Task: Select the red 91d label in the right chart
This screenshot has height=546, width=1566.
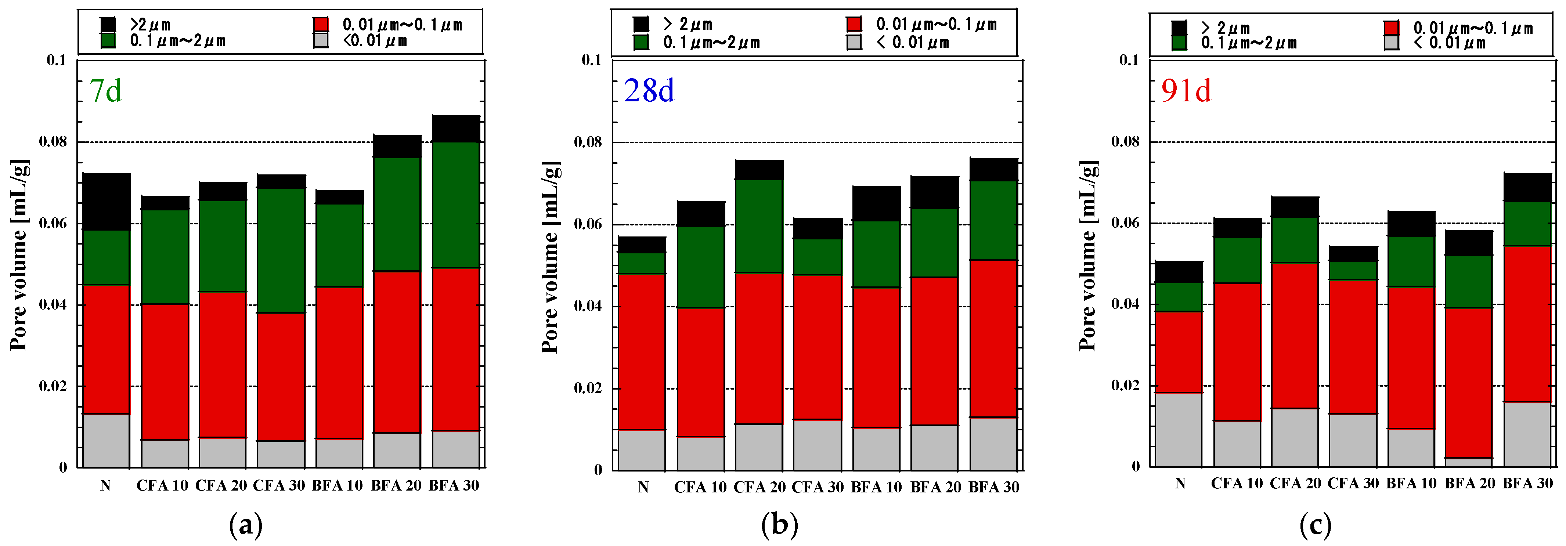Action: (1186, 91)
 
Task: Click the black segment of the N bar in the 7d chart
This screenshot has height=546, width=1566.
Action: (107, 201)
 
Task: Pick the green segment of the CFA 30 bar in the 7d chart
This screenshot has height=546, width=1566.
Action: (281, 250)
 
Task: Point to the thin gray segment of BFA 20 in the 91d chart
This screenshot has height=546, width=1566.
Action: (1469, 462)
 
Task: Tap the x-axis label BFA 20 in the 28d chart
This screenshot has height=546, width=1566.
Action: (935, 487)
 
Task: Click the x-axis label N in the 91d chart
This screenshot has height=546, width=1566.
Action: (1180, 483)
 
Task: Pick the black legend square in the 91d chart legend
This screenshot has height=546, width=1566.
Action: (1179, 28)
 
